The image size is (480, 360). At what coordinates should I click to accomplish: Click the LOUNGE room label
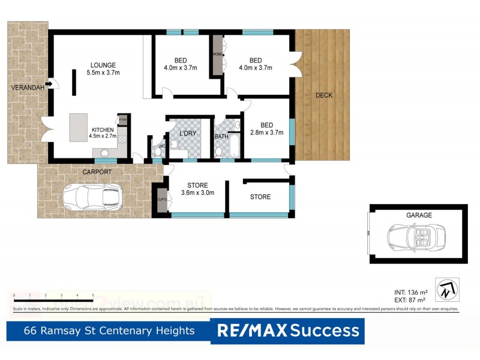tap(103, 65)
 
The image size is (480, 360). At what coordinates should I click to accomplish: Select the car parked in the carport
tap(93, 196)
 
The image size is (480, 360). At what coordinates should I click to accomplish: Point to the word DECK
tap(323, 95)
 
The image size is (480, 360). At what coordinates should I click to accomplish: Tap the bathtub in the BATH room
tap(233, 146)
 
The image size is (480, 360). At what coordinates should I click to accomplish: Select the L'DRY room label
tap(187, 133)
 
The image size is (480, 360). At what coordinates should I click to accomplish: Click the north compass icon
tap(447, 290)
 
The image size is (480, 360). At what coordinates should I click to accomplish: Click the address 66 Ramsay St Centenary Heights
tap(109, 331)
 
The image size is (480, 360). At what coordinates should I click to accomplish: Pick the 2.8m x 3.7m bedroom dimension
tap(266, 133)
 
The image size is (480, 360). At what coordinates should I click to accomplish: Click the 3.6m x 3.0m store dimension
tap(197, 193)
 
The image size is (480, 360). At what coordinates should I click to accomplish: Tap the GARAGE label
tap(418, 214)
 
